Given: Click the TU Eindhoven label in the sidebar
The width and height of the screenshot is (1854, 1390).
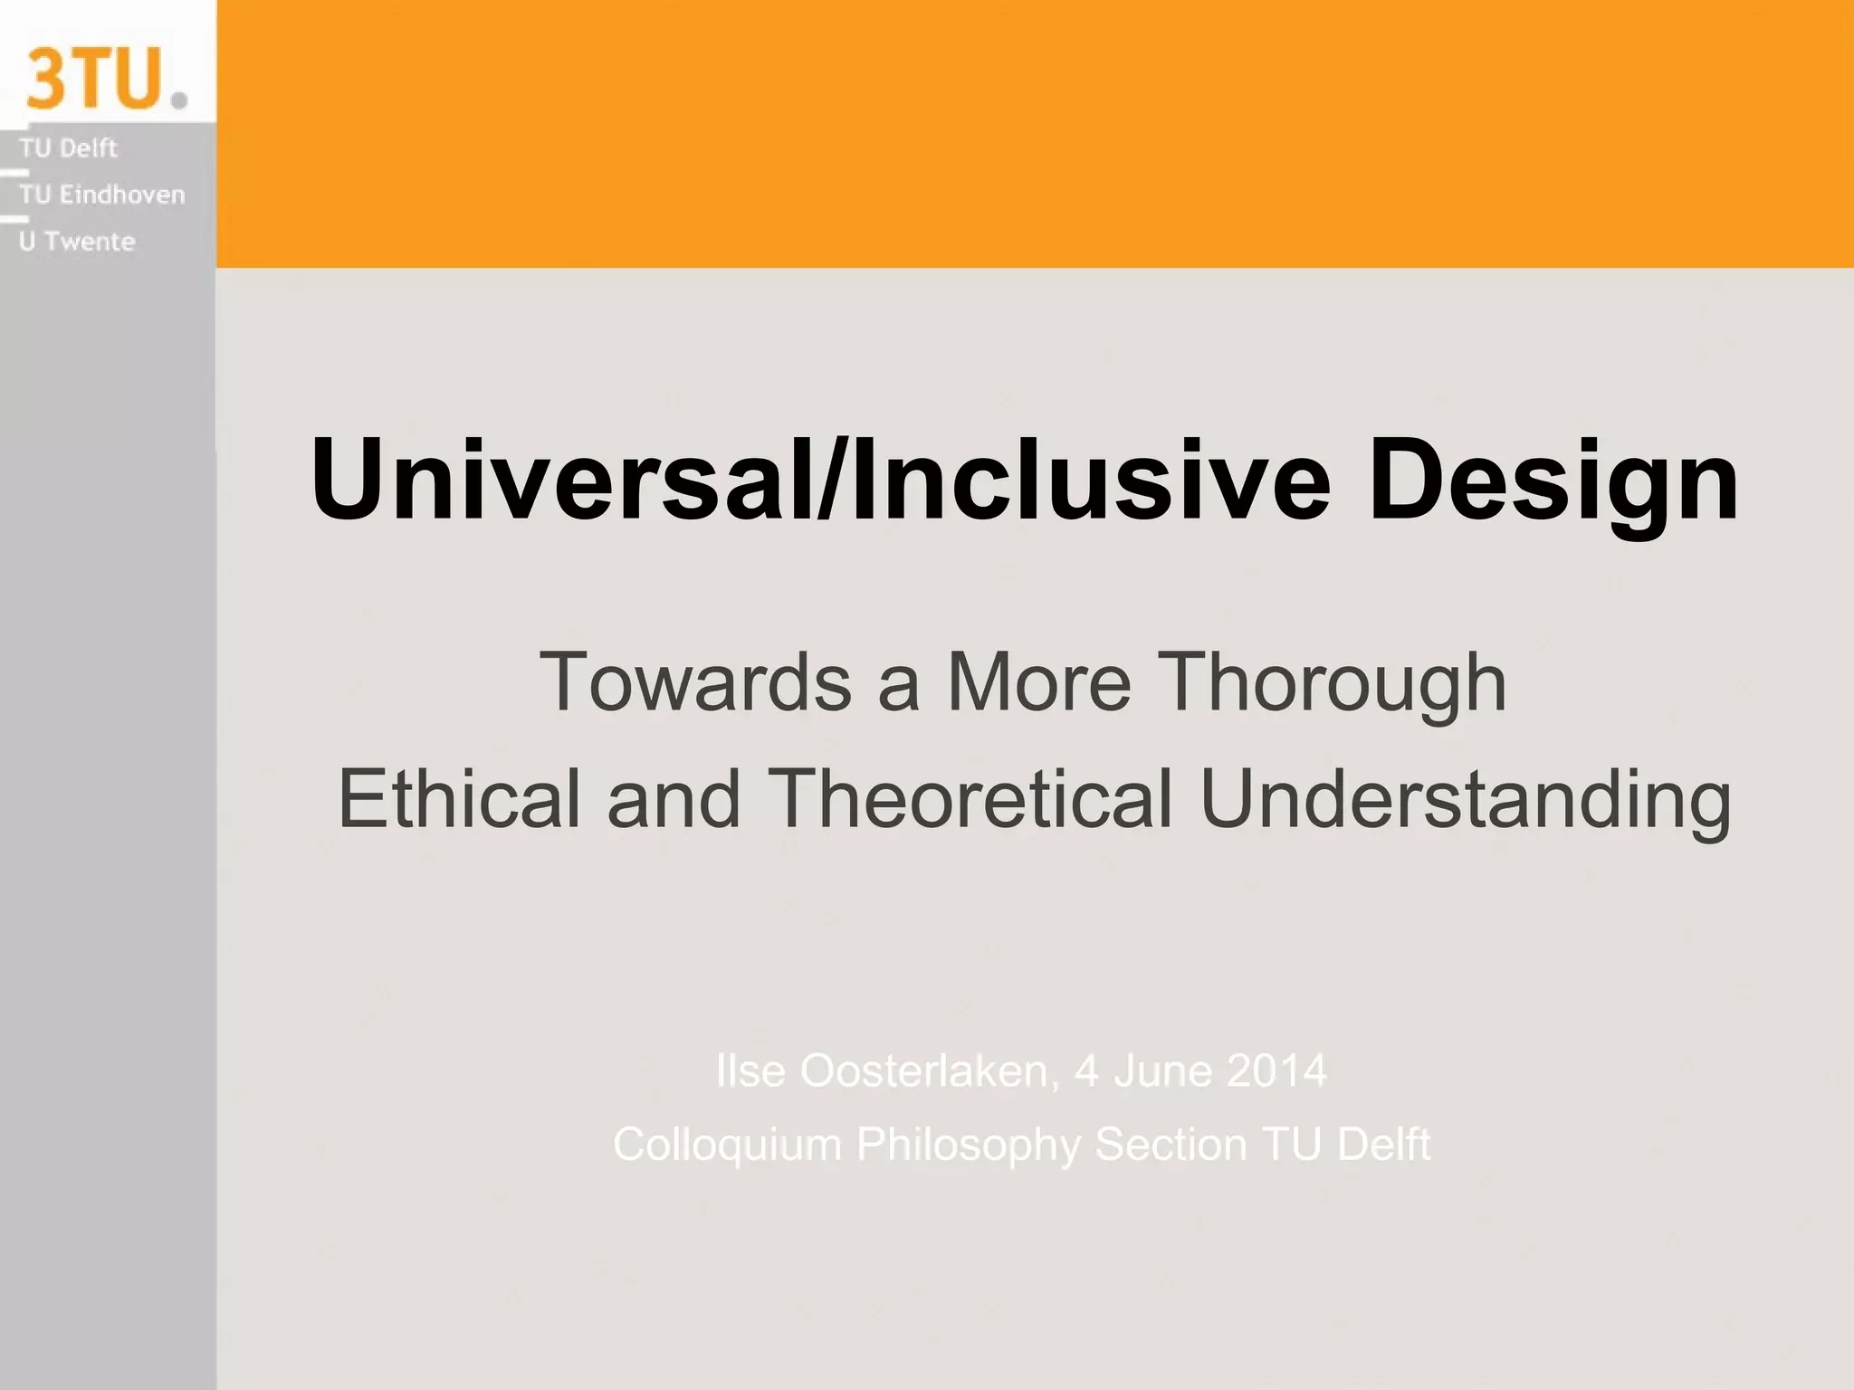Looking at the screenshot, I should (x=101, y=195).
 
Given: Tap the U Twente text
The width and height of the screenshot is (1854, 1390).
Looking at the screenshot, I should (x=77, y=242).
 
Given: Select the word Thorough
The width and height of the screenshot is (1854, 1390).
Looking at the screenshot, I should (x=1332, y=681).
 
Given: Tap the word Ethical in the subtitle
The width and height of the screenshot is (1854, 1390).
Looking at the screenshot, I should (x=458, y=798).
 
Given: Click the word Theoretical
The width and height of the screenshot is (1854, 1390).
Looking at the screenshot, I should (x=969, y=798).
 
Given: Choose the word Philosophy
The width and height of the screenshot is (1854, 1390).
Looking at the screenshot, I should (x=968, y=1145).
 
